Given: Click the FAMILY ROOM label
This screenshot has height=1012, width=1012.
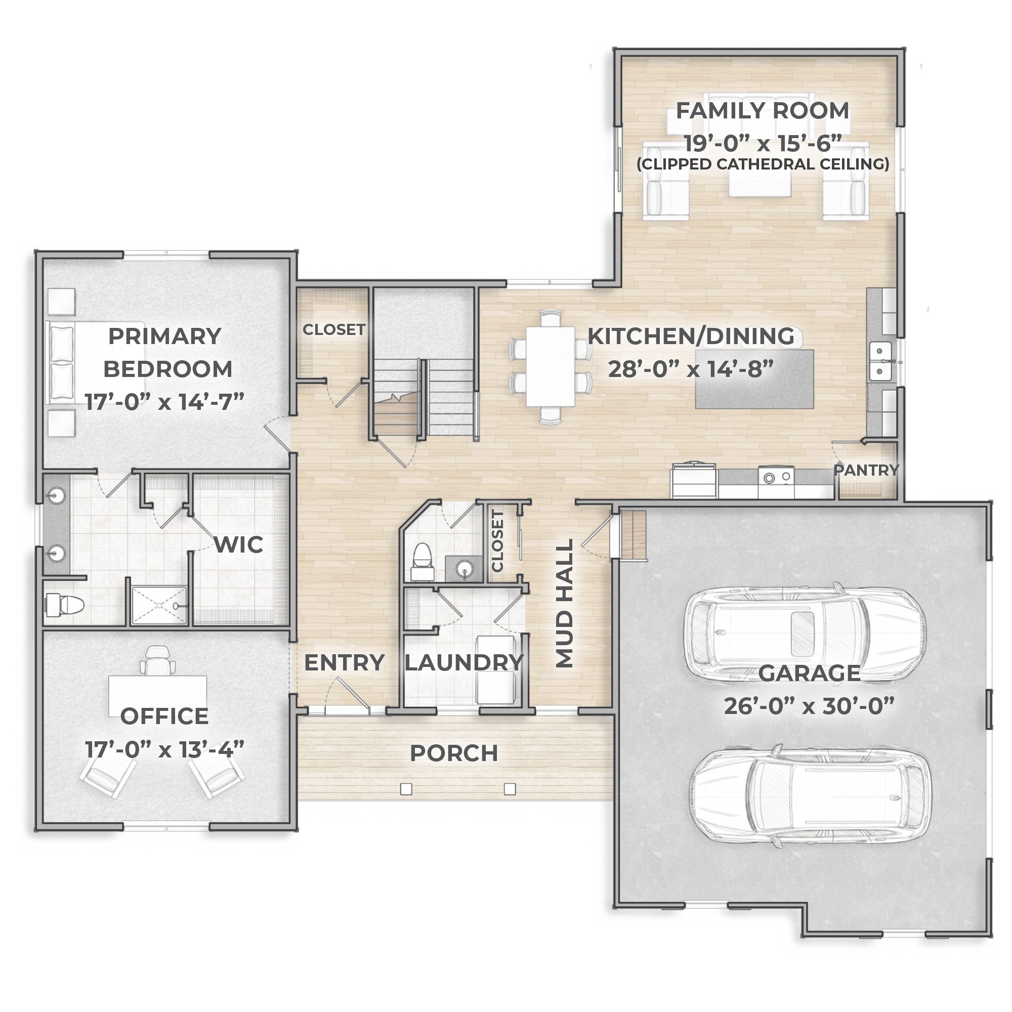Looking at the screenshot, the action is pyautogui.click(x=762, y=111).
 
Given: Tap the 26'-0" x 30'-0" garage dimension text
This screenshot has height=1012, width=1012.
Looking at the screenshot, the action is pyautogui.click(x=809, y=706).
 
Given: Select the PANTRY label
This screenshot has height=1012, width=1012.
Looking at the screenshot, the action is pyautogui.click(x=866, y=471).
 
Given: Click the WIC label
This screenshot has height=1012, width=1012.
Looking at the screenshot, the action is pyautogui.click(x=238, y=545).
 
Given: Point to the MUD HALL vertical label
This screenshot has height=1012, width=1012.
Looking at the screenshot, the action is pyautogui.click(x=564, y=604).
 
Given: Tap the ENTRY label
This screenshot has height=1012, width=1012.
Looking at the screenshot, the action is pyautogui.click(x=344, y=663).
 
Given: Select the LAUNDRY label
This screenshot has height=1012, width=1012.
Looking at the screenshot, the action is pyautogui.click(x=463, y=663).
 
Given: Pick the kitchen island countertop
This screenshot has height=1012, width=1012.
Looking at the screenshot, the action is pyautogui.click(x=754, y=378).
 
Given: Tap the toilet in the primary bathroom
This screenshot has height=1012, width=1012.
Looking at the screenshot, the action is pyautogui.click(x=65, y=605).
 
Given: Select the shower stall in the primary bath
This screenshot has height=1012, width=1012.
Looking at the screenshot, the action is pyautogui.click(x=158, y=606).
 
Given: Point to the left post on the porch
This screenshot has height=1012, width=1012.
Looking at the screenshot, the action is pyautogui.click(x=406, y=789).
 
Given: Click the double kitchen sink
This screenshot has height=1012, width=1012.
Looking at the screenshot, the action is pyautogui.click(x=880, y=361).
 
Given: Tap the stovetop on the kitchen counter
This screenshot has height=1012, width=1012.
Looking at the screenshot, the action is pyautogui.click(x=776, y=477).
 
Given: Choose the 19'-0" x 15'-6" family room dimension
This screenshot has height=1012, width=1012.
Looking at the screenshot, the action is pyautogui.click(x=763, y=143).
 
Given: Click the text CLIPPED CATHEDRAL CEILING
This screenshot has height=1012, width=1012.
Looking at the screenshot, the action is pyautogui.click(x=763, y=164).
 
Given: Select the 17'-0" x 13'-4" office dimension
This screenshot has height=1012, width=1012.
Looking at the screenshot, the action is pyautogui.click(x=164, y=749).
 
